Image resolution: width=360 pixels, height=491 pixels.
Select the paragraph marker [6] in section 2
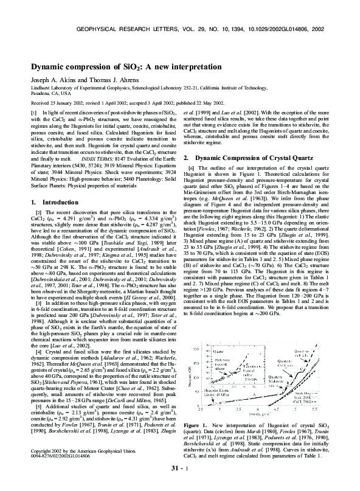coord(193,150)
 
